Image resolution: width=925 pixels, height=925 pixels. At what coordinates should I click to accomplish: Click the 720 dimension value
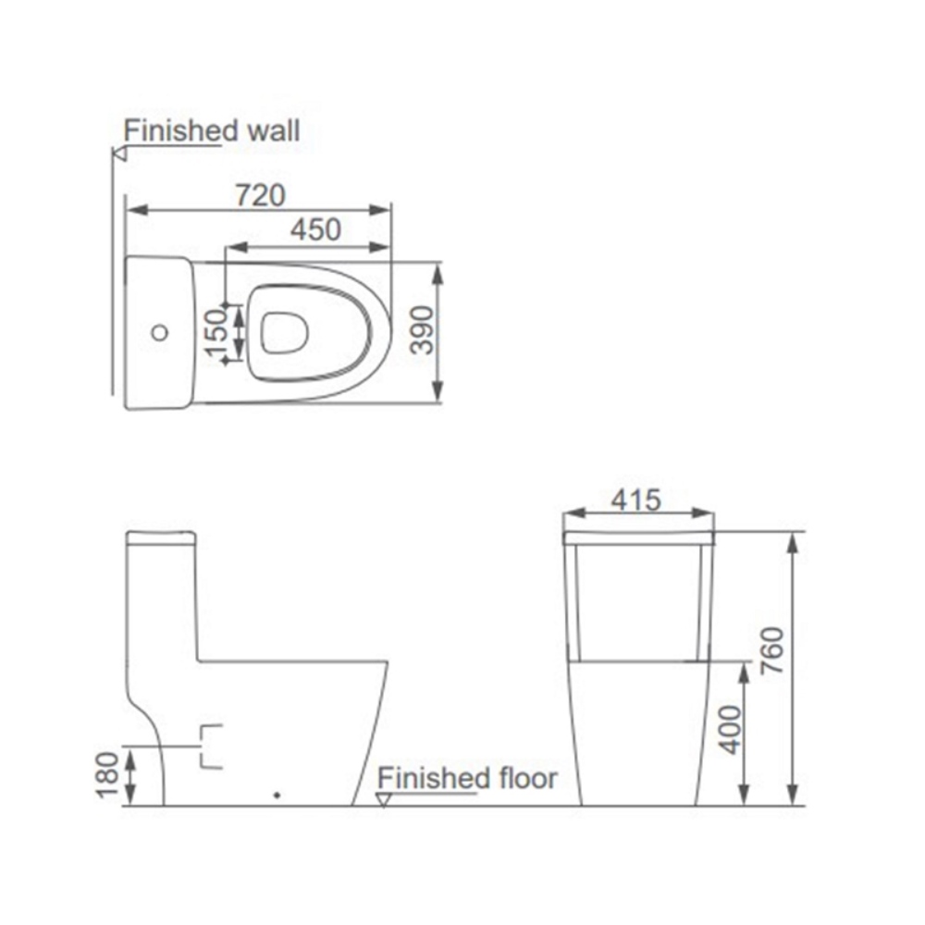[260, 195]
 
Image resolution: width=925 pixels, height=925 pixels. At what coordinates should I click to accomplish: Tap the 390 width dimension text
[421, 331]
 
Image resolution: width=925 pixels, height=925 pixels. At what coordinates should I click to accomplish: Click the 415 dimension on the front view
[636, 500]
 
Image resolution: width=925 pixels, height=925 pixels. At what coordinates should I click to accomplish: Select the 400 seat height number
[730, 729]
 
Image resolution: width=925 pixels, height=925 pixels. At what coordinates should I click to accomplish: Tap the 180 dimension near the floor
[108, 775]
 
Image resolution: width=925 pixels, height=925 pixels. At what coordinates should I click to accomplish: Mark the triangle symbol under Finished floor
[384, 800]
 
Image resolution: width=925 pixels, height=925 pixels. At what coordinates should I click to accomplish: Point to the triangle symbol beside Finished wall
[118, 154]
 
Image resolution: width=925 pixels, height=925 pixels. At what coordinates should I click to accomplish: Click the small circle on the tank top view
[160, 331]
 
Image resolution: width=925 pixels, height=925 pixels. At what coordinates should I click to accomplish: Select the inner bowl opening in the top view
[284, 332]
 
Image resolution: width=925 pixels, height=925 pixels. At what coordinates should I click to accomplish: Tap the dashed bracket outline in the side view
[212, 746]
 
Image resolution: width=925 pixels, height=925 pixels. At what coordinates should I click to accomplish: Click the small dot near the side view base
[277, 794]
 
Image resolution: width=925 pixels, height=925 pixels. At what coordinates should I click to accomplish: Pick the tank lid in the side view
[161, 537]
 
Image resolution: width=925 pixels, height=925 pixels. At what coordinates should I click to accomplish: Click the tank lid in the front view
[638, 536]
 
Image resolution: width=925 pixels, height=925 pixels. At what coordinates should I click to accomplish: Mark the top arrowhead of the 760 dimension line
[792, 541]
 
